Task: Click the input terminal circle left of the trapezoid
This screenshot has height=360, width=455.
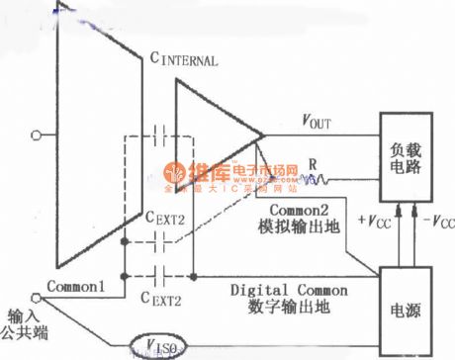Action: pos(38,135)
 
